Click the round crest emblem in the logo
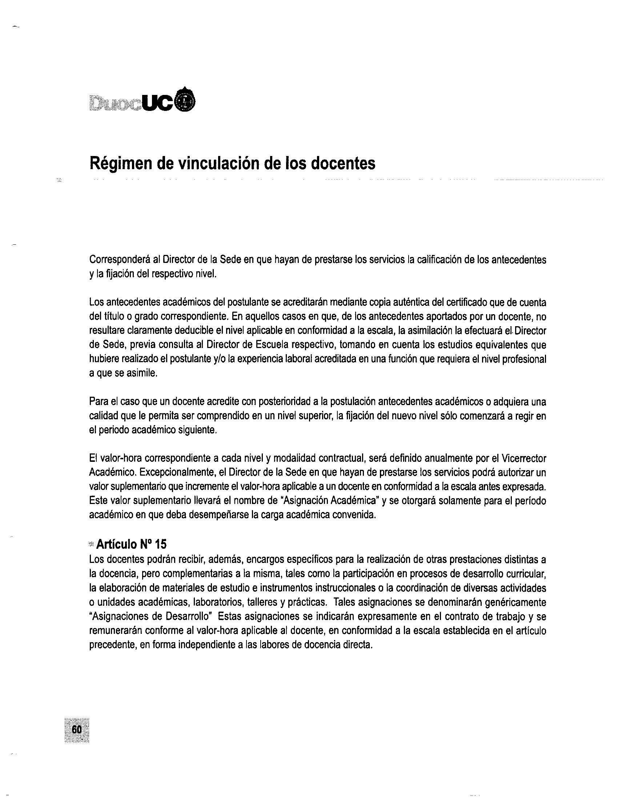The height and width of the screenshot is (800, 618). point(186,100)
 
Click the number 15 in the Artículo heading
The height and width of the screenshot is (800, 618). point(160,544)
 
